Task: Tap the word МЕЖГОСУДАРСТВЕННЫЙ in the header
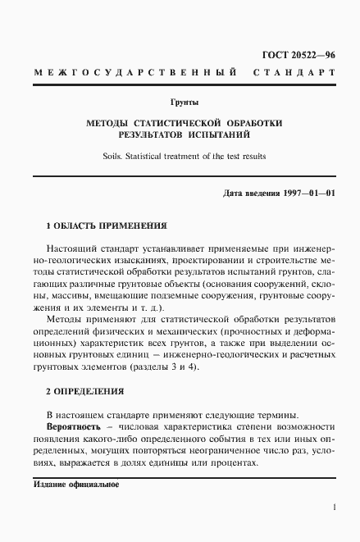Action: point(131,74)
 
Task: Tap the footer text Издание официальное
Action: point(76,485)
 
